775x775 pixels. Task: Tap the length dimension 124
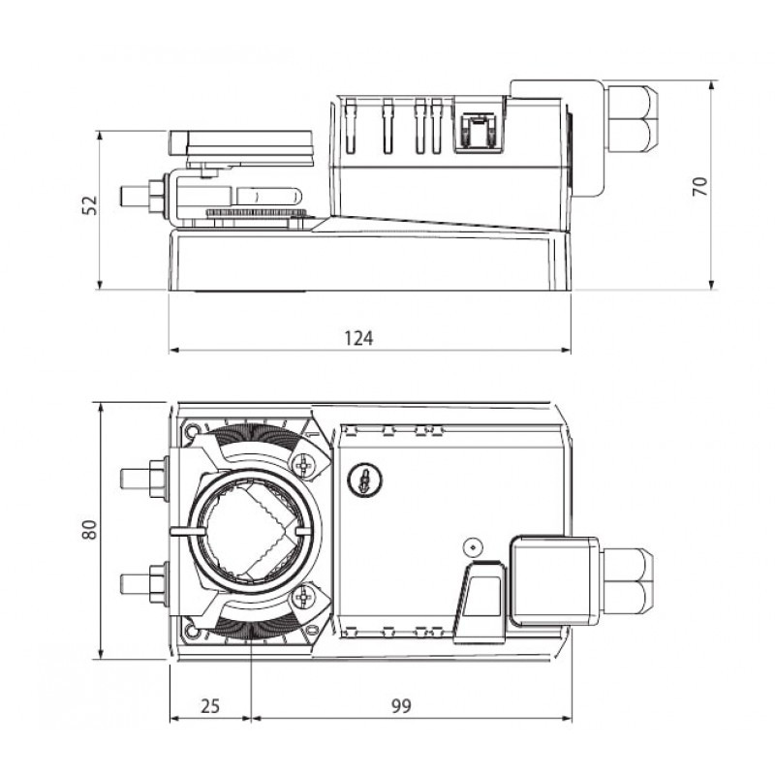click(358, 337)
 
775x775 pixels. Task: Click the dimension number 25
click(209, 706)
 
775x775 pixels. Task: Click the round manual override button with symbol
click(363, 479)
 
